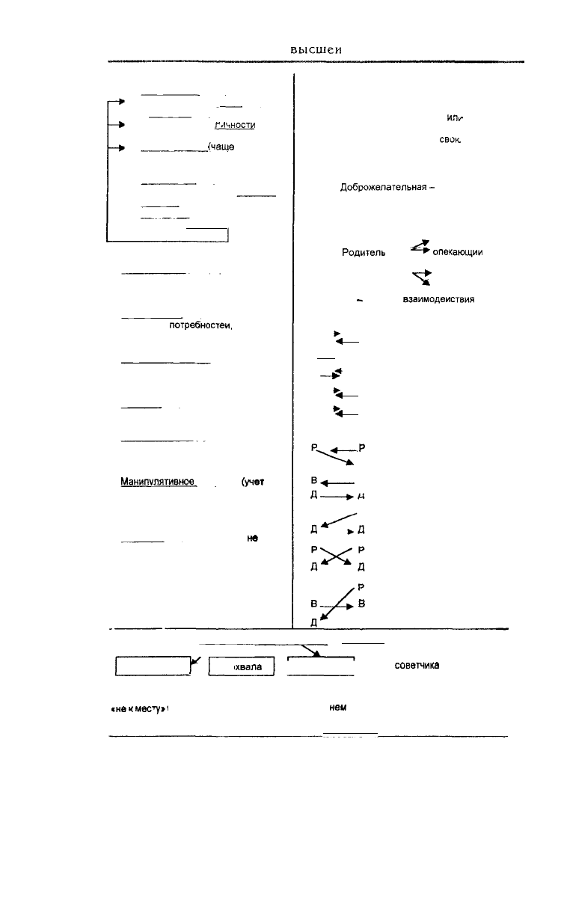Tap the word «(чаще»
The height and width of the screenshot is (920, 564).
click(222, 147)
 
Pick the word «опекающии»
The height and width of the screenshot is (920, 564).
click(458, 253)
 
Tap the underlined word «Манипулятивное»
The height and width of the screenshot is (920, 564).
click(158, 482)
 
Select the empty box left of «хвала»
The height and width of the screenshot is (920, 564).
click(153, 666)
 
